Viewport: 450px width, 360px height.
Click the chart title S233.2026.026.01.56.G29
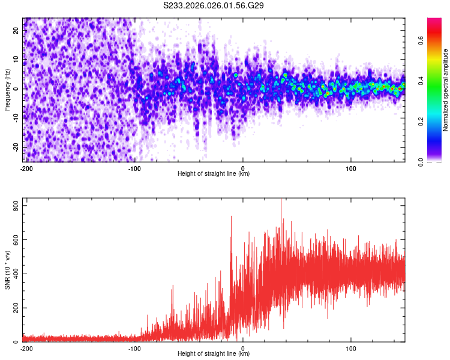pos(214,5)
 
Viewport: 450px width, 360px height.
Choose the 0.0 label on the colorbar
pos(421,161)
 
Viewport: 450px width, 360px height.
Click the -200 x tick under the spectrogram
pos(26,169)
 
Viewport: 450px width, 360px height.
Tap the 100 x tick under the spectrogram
pos(351,169)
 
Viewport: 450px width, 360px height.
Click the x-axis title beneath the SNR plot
pos(214,354)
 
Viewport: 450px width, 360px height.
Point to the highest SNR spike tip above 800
pos(281,200)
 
